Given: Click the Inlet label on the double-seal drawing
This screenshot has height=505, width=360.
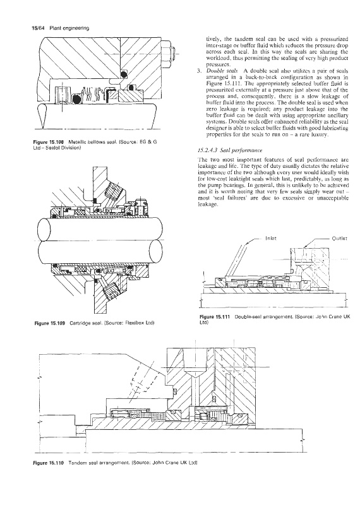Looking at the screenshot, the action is (270, 239).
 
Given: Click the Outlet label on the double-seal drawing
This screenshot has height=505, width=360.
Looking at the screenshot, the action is (340, 239).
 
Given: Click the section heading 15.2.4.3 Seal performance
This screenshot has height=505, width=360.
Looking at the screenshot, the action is (230, 150).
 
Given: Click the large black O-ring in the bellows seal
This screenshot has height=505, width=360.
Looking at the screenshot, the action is (76, 100).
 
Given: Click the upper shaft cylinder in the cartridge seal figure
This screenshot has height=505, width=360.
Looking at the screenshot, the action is (99, 229).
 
